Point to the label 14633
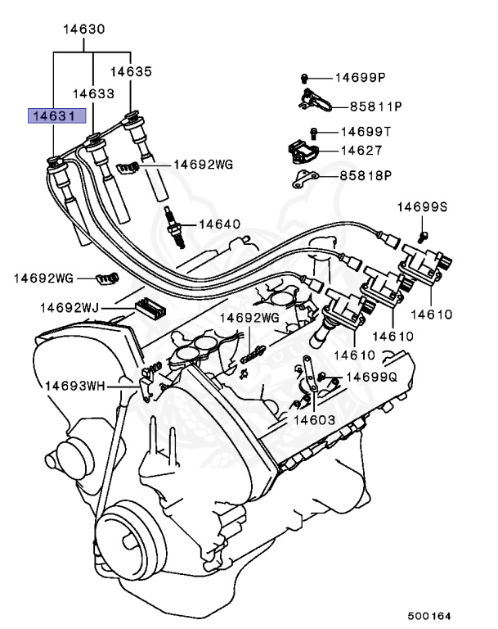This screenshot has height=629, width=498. coord(93,94)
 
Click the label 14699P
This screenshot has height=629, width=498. coord(360,78)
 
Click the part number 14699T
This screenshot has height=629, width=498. coord(366,131)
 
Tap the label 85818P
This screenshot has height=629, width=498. coord(366,175)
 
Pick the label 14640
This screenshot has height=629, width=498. coord(219,224)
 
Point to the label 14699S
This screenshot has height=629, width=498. coord(423,206)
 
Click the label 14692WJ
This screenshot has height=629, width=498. coord(70,308)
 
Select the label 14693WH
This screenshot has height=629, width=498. coord(75,384)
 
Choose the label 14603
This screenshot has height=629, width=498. coord(315,419)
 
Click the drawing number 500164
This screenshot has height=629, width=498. coord(429,615)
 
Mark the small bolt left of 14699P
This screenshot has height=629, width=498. coord(303,78)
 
